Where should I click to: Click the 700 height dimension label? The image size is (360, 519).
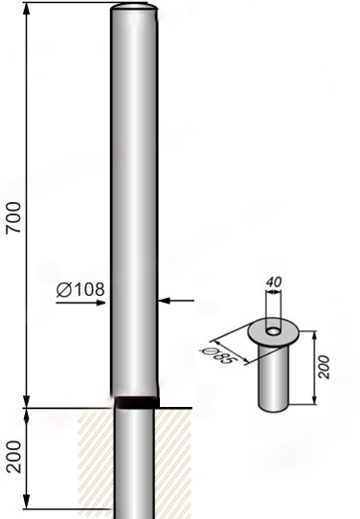point(14,217)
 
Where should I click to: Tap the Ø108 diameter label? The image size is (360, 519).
point(80,289)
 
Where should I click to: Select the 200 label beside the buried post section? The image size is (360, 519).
point(14,457)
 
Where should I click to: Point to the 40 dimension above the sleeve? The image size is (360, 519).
point(274,282)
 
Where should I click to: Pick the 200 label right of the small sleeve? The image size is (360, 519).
point(324,367)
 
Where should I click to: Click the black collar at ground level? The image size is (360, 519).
point(137,402)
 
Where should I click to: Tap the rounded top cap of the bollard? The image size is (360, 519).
point(134,8)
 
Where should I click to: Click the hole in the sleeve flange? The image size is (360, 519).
point(273,330)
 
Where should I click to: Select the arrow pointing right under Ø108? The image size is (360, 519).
point(80,303)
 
